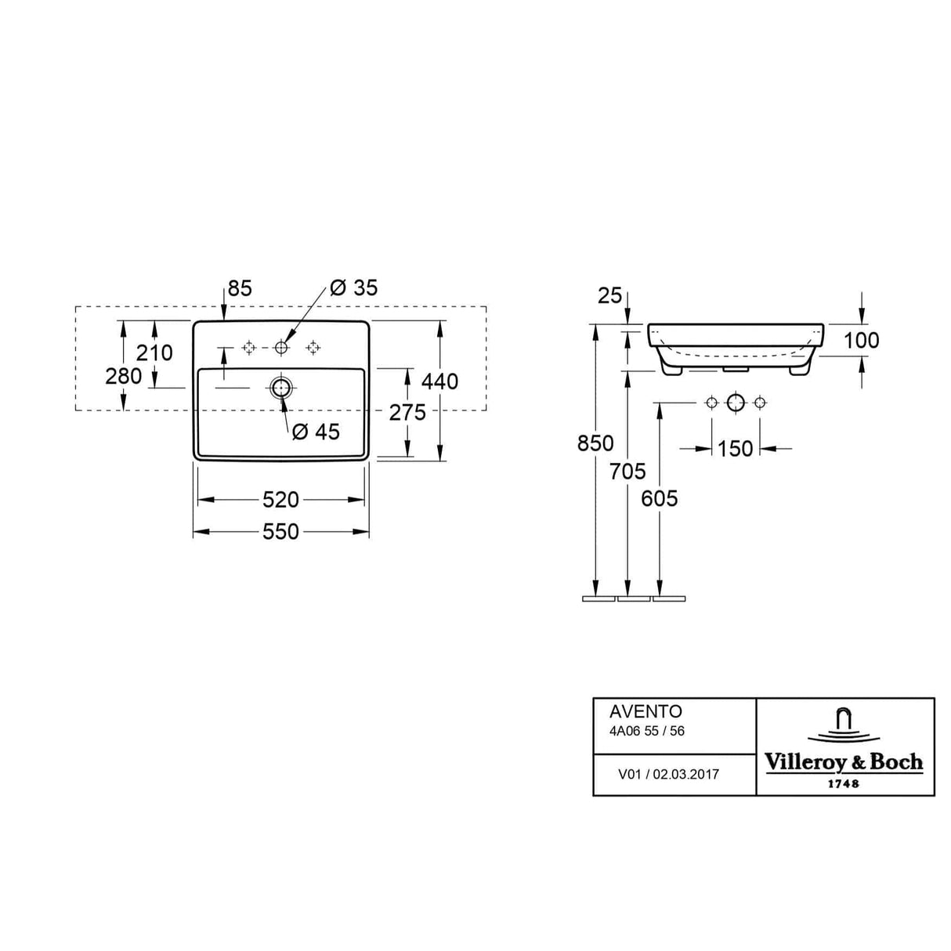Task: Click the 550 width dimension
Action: (x=280, y=532)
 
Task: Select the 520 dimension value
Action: (x=280, y=500)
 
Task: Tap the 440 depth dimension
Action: (x=439, y=381)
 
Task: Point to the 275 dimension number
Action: (x=407, y=412)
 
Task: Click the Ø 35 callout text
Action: (x=353, y=287)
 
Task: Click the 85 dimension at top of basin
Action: (x=240, y=288)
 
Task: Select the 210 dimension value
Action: (x=154, y=353)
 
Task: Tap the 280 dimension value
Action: (x=124, y=376)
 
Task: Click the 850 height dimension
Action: (x=595, y=443)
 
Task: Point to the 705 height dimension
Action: (x=627, y=472)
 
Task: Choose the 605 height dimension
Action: (x=659, y=499)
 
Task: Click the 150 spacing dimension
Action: (x=735, y=449)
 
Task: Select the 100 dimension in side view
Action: (x=861, y=340)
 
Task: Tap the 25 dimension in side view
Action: (x=609, y=295)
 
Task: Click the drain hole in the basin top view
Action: (x=280, y=386)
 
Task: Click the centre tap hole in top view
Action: (x=280, y=347)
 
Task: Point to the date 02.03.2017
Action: (x=685, y=774)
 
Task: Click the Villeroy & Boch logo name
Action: (x=844, y=762)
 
